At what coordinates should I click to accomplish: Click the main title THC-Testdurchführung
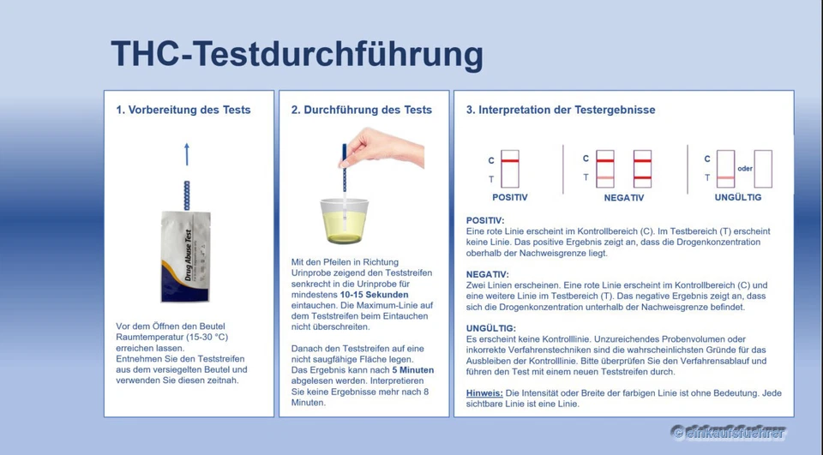(297, 54)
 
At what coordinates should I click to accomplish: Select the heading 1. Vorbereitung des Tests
(183, 110)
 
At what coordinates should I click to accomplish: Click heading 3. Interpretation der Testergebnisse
(560, 110)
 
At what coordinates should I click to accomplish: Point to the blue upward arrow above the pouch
(186, 154)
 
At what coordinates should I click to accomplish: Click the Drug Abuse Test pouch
(185, 256)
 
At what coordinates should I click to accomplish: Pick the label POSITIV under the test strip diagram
(509, 197)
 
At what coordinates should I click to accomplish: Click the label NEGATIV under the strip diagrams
(623, 197)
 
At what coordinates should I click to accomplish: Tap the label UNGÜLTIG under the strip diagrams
(737, 197)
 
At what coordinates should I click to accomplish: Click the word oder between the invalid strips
(744, 169)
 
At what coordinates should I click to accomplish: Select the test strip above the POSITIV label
(510, 169)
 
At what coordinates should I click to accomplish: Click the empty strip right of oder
(763, 169)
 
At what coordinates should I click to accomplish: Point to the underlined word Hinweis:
(484, 392)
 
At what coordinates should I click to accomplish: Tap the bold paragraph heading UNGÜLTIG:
(490, 328)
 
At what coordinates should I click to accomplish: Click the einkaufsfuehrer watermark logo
(728, 433)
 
